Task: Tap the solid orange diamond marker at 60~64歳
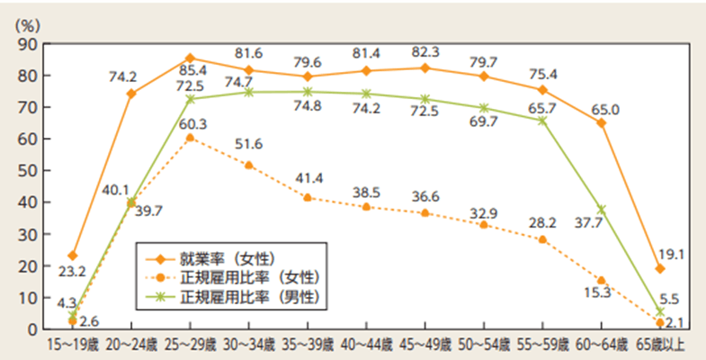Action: click(x=602, y=122)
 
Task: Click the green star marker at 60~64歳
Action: click(x=602, y=209)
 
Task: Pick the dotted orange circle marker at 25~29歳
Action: click(x=190, y=138)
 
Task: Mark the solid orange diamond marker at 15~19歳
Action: click(x=73, y=256)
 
